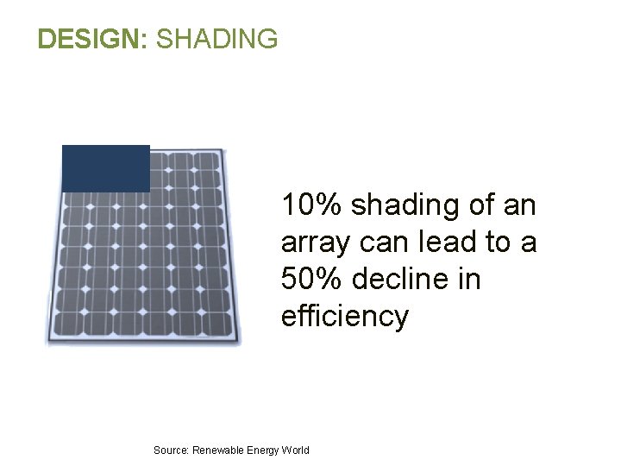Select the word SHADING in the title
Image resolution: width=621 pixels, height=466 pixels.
[217, 39]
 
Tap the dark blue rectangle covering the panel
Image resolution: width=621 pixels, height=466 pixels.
[106, 168]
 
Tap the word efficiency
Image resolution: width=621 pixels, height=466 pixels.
[344, 317]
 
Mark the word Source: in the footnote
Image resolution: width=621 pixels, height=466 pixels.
[170, 450]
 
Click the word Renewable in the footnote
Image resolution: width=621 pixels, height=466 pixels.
[217, 450]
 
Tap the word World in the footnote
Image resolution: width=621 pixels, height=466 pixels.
[296, 450]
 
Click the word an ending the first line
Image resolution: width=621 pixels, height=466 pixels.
[521, 205]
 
